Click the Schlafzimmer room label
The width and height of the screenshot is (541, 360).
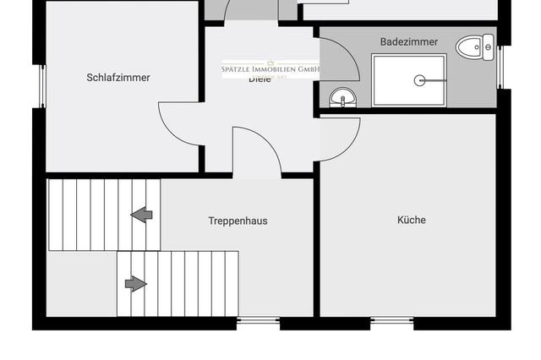coord(118,78)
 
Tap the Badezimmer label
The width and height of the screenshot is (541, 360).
coord(409,41)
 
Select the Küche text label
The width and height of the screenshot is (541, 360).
coord(412,220)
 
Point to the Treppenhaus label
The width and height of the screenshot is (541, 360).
coord(238,221)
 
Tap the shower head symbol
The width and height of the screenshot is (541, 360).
coord(418,80)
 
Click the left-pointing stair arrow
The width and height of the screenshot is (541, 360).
coord(142,215)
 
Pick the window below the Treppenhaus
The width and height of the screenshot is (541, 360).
coord(257,320)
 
